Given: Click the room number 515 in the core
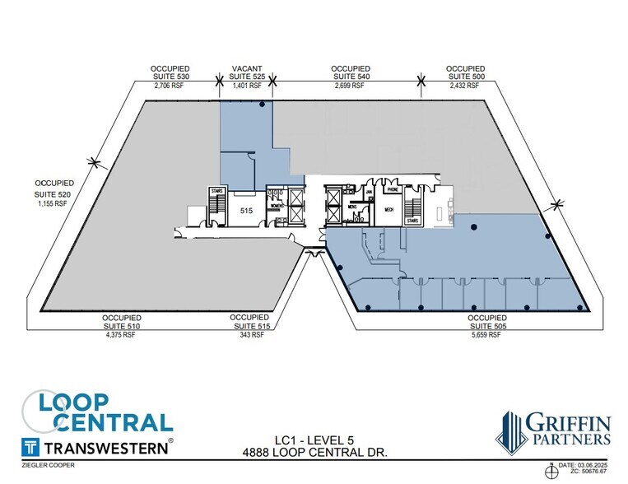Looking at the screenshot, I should pyautogui.click(x=245, y=211).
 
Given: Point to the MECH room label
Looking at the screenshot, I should pyautogui.click(x=389, y=210).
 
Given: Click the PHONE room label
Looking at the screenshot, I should pyautogui.click(x=393, y=190).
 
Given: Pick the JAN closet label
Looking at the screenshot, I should pyautogui.click(x=370, y=191).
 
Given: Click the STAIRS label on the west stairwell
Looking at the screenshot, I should pyautogui.click(x=217, y=190).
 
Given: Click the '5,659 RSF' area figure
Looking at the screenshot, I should pyautogui.click(x=485, y=334).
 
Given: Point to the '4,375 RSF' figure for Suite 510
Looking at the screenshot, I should pyautogui.click(x=123, y=334).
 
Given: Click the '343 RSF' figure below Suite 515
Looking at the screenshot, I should pyautogui.click(x=251, y=334).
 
